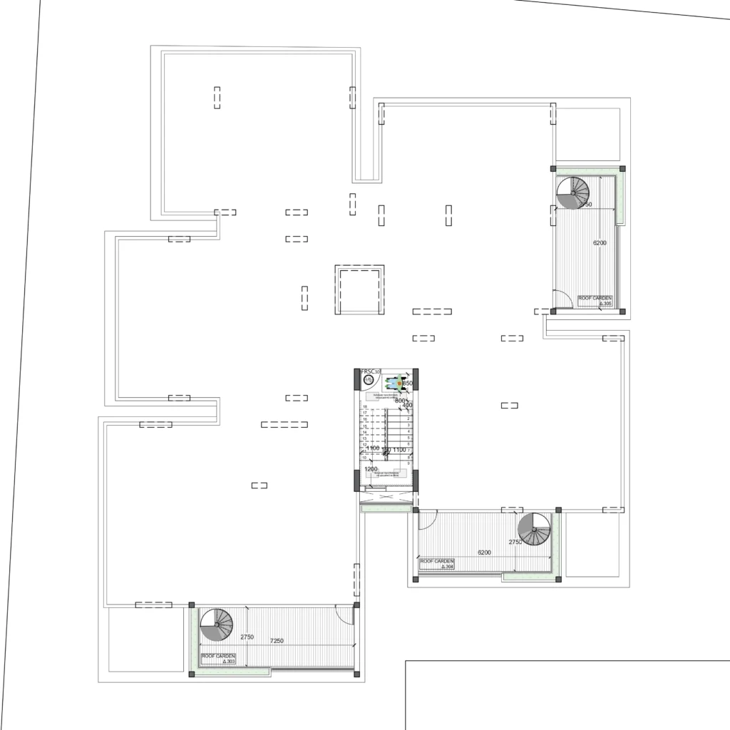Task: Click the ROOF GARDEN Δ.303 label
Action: (x=219, y=658)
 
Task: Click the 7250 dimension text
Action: (x=277, y=641)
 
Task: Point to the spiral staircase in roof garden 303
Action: (x=215, y=625)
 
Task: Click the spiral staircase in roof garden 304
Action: (x=534, y=529)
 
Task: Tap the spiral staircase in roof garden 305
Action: (x=573, y=193)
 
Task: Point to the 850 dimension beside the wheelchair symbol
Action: (x=408, y=384)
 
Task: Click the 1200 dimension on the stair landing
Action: (x=371, y=470)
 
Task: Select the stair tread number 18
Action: (x=365, y=406)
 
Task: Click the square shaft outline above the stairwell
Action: (x=359, y=289)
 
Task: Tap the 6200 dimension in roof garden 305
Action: (x=600, y=243)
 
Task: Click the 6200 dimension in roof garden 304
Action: (x=485, y=552)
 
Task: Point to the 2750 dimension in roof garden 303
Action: (x=247, y=637)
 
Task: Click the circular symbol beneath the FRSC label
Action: (x=368, y=381)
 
